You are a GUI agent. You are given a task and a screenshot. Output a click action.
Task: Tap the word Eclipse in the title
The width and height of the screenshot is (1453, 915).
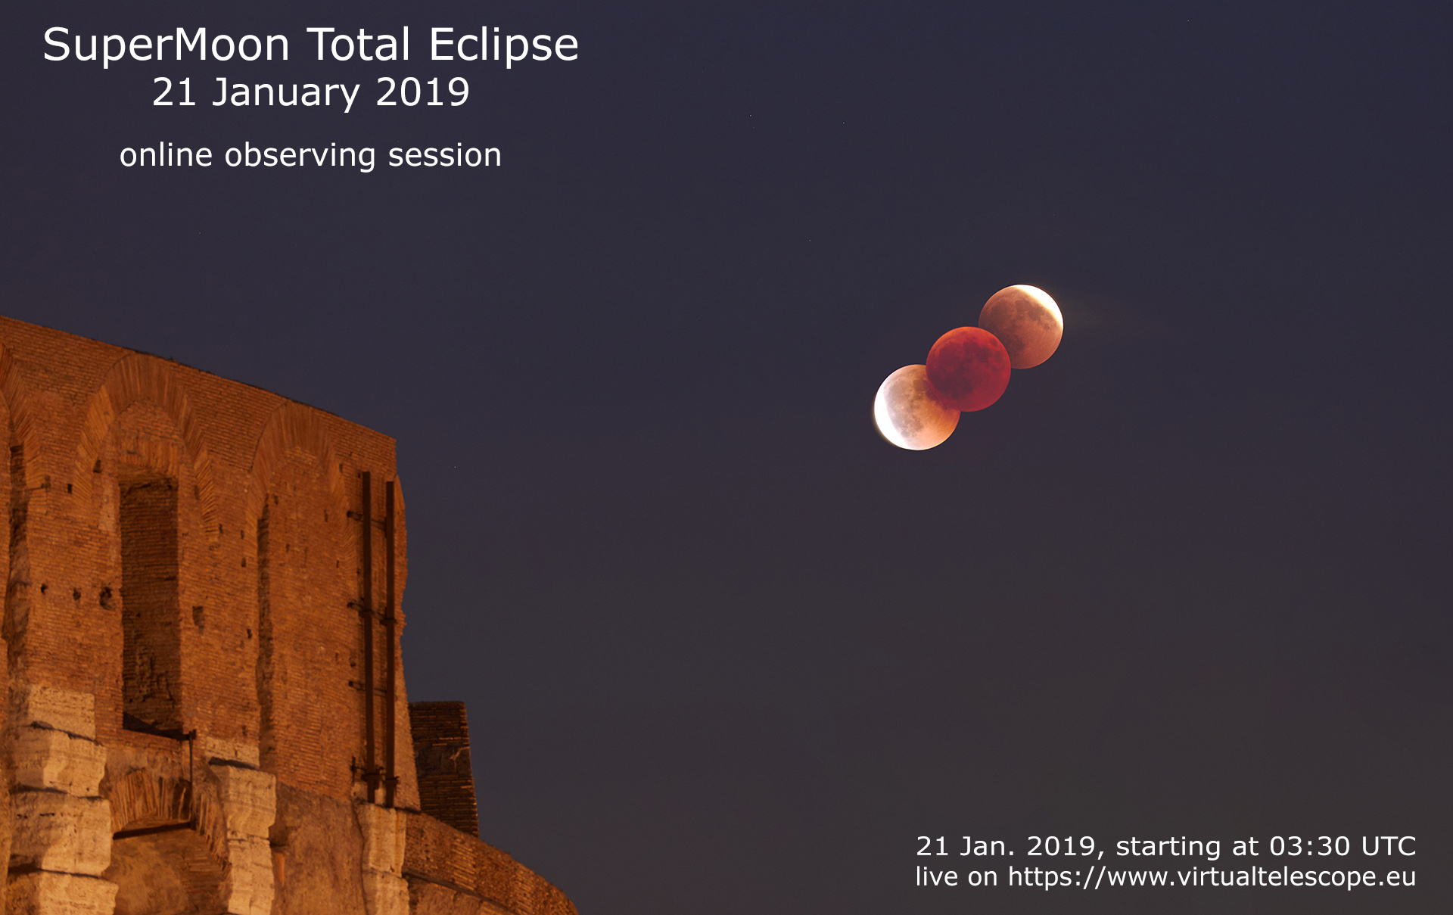(503, 45)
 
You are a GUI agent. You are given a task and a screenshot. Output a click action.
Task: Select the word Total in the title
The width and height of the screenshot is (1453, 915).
(359, 45)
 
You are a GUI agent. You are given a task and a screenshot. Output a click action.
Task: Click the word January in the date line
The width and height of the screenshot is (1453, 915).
(285, 93)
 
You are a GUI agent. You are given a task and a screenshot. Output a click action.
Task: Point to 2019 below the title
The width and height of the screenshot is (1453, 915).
(422, 93)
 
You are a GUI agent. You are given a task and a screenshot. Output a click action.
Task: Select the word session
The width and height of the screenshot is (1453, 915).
(444, 156)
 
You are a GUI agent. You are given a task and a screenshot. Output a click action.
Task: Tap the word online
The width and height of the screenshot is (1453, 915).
(166, 156)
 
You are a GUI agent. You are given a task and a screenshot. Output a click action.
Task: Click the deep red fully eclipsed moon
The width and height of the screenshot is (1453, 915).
(969, 369)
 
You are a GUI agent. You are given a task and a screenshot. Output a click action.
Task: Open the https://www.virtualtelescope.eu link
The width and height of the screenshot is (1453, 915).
(1211, 877)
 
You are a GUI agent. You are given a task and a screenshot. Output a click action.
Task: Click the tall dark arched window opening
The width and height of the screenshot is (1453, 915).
(149, 598)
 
